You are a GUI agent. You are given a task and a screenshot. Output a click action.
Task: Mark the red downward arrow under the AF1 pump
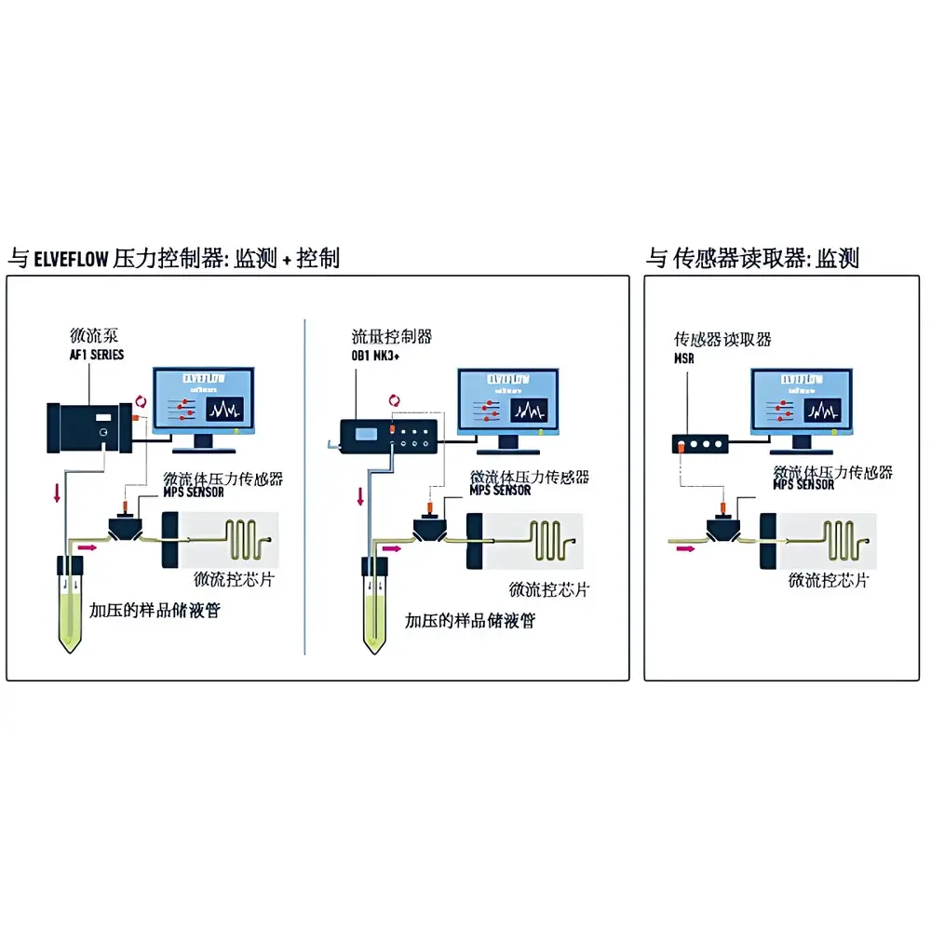(58, 492)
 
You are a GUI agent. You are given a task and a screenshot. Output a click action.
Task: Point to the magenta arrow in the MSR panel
(685, 549)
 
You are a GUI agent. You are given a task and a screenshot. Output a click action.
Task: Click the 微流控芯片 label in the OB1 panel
(549, 589)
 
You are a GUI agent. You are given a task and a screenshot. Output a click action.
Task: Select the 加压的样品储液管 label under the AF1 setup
(155, 612)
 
